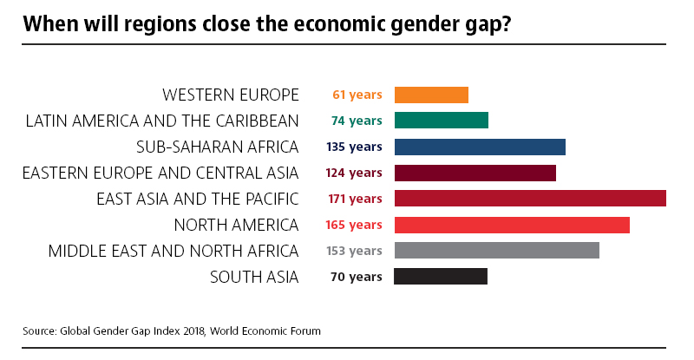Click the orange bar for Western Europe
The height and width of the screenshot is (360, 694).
pos(431,95)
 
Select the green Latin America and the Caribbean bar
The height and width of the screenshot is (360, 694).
pos(442,121)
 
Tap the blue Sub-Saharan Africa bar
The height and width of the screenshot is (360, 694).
pos(480,147)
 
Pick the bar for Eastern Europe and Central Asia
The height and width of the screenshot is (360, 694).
pos(475,173)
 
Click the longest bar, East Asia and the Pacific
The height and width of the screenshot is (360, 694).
pos(530,199)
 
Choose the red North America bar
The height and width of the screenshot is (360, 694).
pos(512,225)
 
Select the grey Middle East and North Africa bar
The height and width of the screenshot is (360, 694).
pos(497,251)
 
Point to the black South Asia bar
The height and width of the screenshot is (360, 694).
pos(441,277)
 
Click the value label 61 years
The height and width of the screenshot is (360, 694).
pos(357,95)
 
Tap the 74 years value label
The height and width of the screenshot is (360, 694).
pos(357,121)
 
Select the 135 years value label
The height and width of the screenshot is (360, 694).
pos(354,147)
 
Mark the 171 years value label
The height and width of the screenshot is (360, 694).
pos(354,199)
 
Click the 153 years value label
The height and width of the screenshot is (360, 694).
pos(354,251)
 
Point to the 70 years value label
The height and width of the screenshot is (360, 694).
pos(357,277)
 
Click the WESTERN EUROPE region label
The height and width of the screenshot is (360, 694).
pos(231,95)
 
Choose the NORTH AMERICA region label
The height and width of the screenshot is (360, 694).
pos(236,225)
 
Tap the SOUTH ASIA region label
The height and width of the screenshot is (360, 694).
pos(254,277)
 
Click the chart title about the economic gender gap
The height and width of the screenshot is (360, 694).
pos(267,24)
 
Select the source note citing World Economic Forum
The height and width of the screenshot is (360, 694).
pos(172,331)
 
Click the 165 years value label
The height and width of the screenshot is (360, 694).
pos(354,225)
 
